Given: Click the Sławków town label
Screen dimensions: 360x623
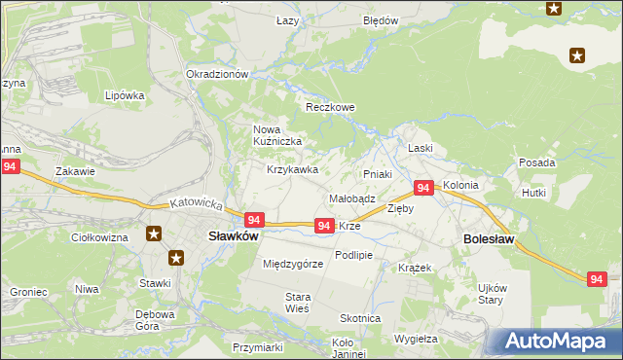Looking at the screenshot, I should pos(234,235).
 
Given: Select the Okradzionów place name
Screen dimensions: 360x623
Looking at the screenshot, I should pos(219,74).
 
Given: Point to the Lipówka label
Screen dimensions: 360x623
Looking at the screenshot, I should pos(125,96).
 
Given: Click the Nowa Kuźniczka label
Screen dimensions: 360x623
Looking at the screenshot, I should pos(278,135).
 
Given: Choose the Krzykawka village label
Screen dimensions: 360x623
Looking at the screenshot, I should pos(293,169).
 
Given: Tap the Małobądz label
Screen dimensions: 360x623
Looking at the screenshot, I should pos(352,198).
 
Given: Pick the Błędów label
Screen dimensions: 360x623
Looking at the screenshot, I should pos(381,20).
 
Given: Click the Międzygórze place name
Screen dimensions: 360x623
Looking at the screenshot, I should pos(293,264).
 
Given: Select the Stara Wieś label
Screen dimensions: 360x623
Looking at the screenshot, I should pos(297,302).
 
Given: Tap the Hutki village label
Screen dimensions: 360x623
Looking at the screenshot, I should pos(533,194).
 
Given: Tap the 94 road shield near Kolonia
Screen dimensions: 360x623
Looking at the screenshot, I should pos(423,187).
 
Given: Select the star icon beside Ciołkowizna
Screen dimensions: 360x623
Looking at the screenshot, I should pos(154,234).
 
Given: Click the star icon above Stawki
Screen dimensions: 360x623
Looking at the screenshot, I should pos(176,258).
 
